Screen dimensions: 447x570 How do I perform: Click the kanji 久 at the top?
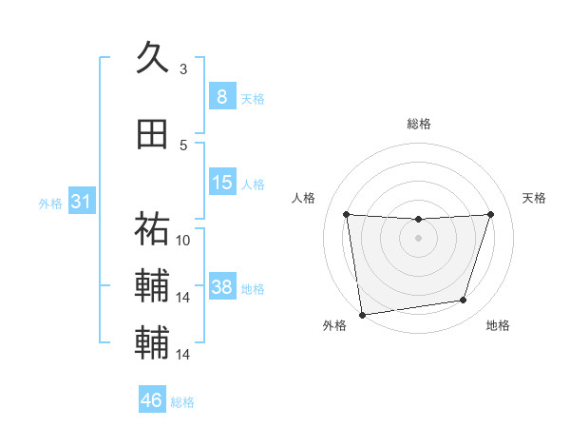(152, 58)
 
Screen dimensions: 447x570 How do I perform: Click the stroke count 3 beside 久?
(183, 69)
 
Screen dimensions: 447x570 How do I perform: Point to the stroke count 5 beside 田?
(183, 145)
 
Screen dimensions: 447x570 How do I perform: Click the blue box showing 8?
(221, 96)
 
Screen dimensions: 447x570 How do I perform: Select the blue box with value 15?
(221, 183)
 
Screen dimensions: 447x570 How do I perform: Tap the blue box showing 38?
(221, 287)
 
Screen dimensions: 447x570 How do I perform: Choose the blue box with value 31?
(81, 202)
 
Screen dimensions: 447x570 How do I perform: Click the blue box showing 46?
(151, 400)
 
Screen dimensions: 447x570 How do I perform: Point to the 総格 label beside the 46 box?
(182, 402)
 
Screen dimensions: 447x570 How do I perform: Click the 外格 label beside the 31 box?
(50, 204)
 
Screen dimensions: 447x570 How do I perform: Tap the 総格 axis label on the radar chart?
(419, 124)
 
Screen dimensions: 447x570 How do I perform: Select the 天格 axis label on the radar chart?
(535, 198)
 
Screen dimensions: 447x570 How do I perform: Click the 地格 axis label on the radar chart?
(498, 326)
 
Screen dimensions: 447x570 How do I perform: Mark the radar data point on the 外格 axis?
(362, 314)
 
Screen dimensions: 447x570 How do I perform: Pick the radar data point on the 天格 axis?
(490, 214)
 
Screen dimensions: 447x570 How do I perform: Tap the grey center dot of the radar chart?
(418, 238)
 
